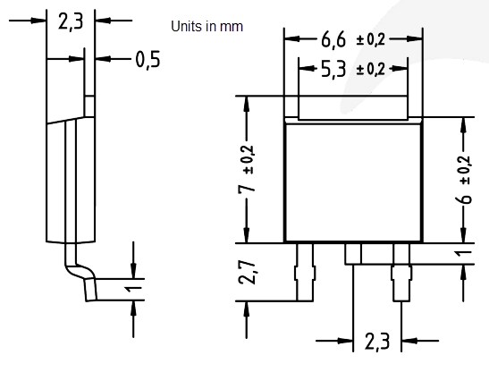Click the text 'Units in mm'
pyautogui.click(x=207, y=27)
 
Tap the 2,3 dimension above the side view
pyautogui.click(x=70, y=22)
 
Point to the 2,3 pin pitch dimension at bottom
pyautogui.click(x=377, y=341)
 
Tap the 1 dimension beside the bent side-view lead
pyautogui.click(x=131, y=290)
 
